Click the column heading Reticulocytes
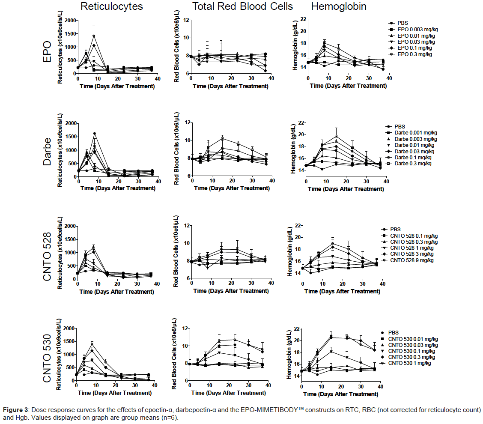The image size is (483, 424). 112,7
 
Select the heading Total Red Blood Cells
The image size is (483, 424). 242,7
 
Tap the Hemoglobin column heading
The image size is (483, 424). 339,7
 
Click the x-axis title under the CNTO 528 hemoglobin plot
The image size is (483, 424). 341,291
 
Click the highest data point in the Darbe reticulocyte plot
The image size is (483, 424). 95,134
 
